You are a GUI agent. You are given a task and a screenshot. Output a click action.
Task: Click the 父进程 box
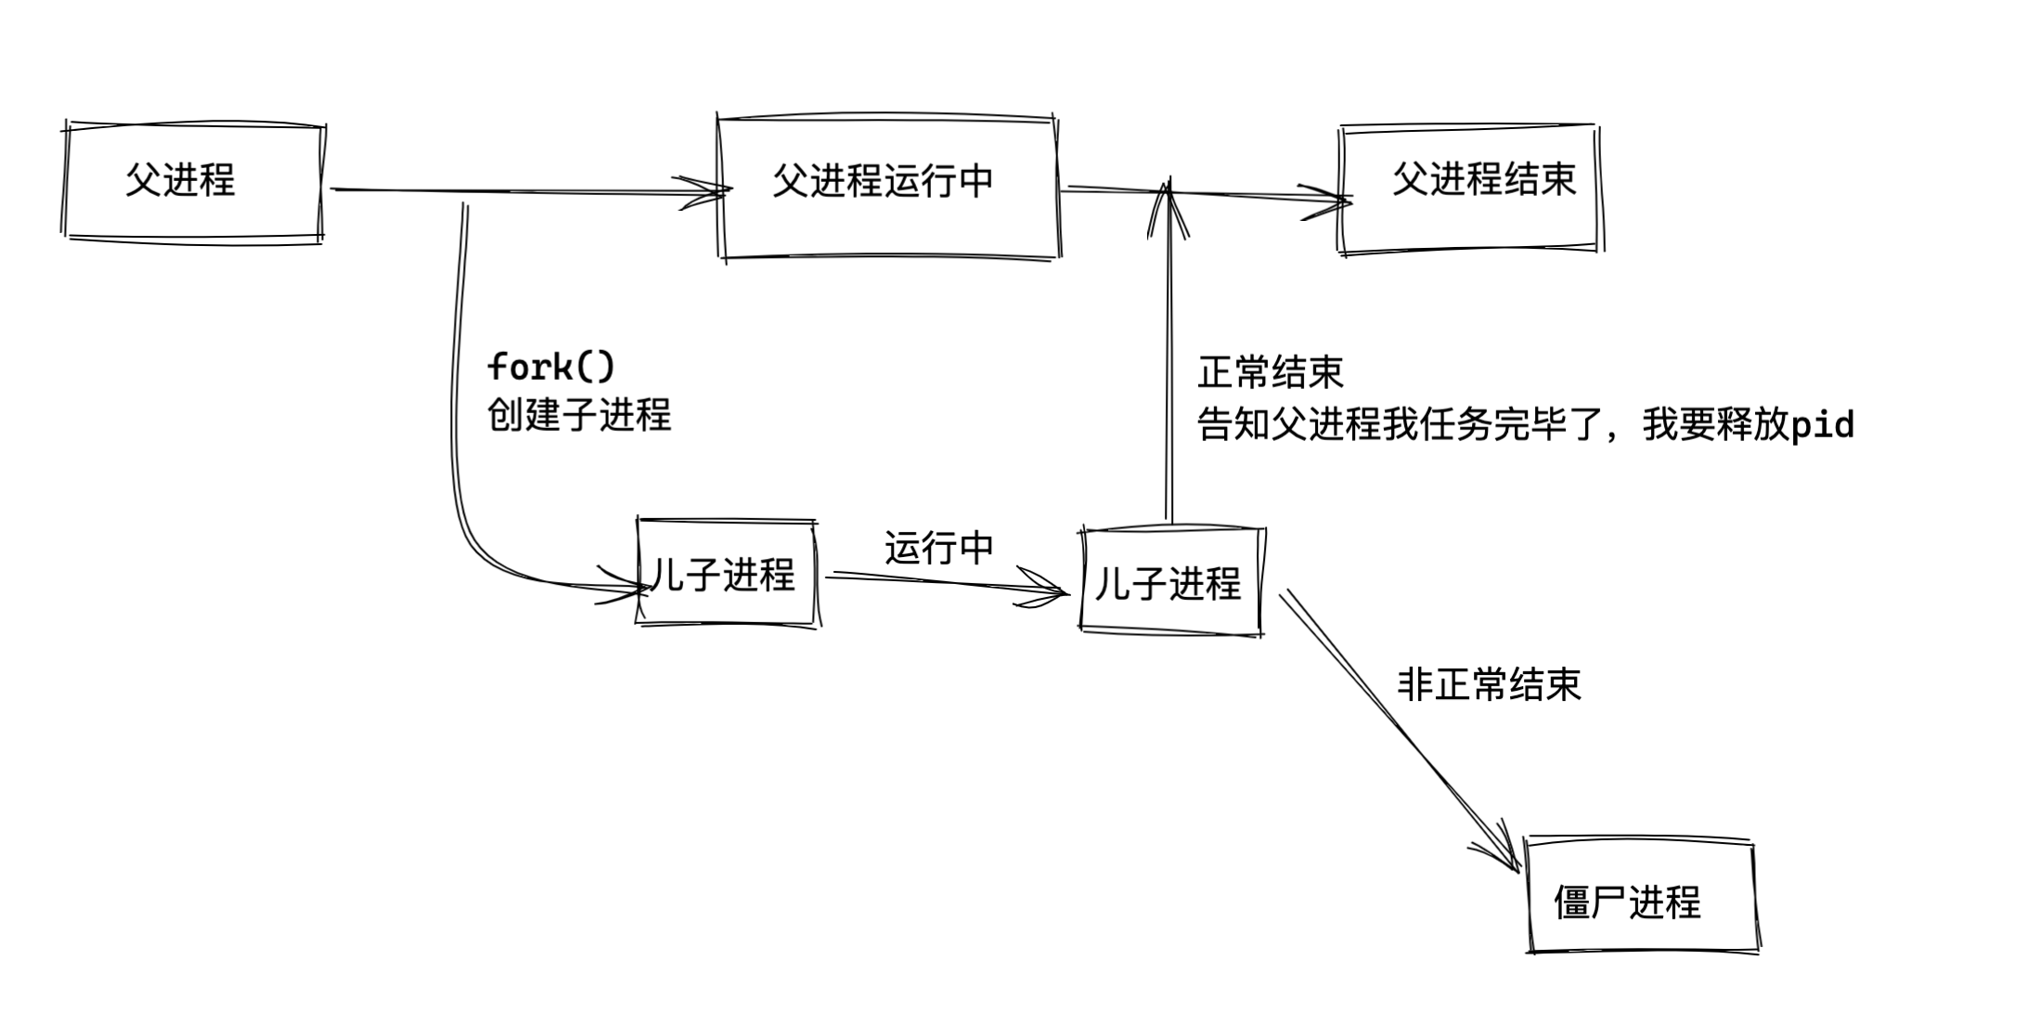[x=193, y=181]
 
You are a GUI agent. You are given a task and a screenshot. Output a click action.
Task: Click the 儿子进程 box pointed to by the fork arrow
[x=728, y=574]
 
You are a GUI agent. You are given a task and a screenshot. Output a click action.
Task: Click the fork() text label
[x=551, y=367]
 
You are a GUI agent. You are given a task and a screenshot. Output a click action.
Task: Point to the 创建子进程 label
[x=579, y=414]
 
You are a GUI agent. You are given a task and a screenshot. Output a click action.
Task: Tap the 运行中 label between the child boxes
[x=938, y=548]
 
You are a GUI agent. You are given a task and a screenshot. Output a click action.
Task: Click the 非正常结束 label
[x=1489, y=685]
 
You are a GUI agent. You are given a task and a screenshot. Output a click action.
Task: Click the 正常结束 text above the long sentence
[x=1270, y=372]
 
